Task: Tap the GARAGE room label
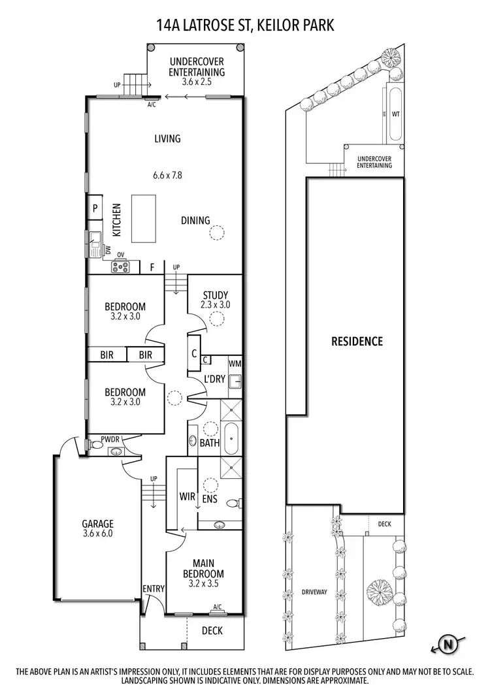[x=97, y=523]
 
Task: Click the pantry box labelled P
[x=95, y=208]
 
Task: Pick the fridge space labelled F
[x=152, y=266]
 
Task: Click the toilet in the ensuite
[x=233, y=503]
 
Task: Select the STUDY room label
[x=215, y=295]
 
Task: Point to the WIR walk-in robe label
[x=188, y=496]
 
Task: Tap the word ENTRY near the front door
[x=154, y=588]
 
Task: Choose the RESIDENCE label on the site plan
[x=357, y=341]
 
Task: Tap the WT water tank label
[x=395, y=113]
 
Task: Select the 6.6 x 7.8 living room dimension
[x=167, y=175]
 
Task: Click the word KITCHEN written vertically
[x=117, y=220]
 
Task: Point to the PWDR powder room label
[x=110, y=440]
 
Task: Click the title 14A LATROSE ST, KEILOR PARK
[x=245, y=25]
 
